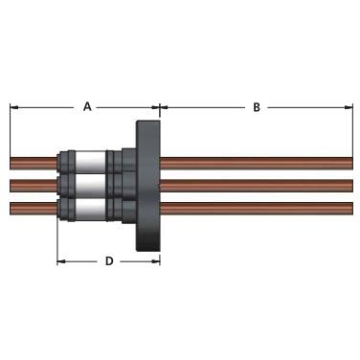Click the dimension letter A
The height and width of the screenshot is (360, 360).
coord(87,106)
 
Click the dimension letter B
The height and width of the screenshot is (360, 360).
coord(257,107)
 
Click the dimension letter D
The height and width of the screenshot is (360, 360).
coord(109,261)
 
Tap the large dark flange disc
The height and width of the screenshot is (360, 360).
coord(148,186)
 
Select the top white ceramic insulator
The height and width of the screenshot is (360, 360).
coord(90,162)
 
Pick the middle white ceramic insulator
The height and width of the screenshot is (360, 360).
coord(90,186)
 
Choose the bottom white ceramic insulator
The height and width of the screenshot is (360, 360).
coord(90,210)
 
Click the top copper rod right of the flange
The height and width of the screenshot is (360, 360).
coord(257,163)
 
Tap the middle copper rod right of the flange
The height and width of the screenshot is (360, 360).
coord(257,186)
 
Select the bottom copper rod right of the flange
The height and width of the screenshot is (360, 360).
coord(257,209)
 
